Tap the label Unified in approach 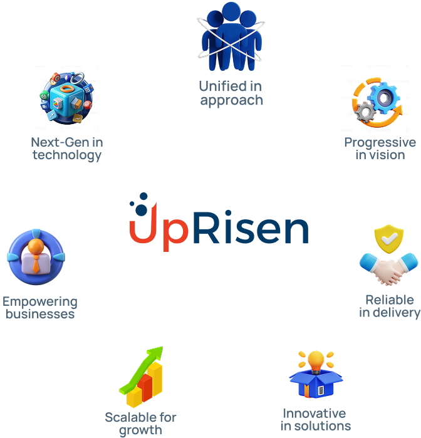[x=231, y=93]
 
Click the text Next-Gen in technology [x=67, y=149]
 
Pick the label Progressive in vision [x=380, y=149]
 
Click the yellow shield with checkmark [x=388, y=239]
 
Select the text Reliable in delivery [x=389, y=306]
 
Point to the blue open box [x=316, y=383]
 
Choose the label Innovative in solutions [x=314, y=419]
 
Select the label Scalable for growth [x=140, y=424]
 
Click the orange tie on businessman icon [x=36, y=263]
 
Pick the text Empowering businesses [x=40, y=307]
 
